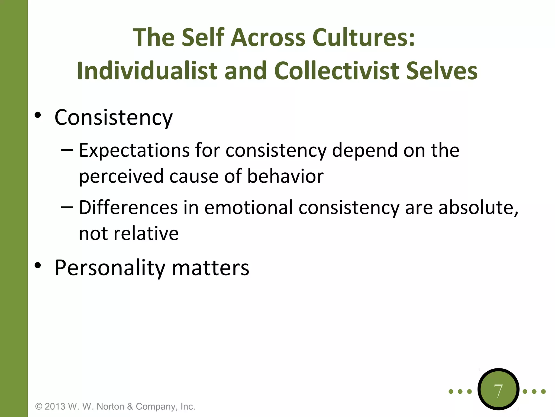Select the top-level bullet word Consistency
[114, 118]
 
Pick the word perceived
[121, 176]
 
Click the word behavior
[285, 176]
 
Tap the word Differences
[128, 207]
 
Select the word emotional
[249, 207]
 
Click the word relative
[146, 233]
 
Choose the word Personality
[110, 268]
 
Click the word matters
[211, 268]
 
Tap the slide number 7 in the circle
[498, 391]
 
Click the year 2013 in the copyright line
[55, 406]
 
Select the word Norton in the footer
[111, 406]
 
